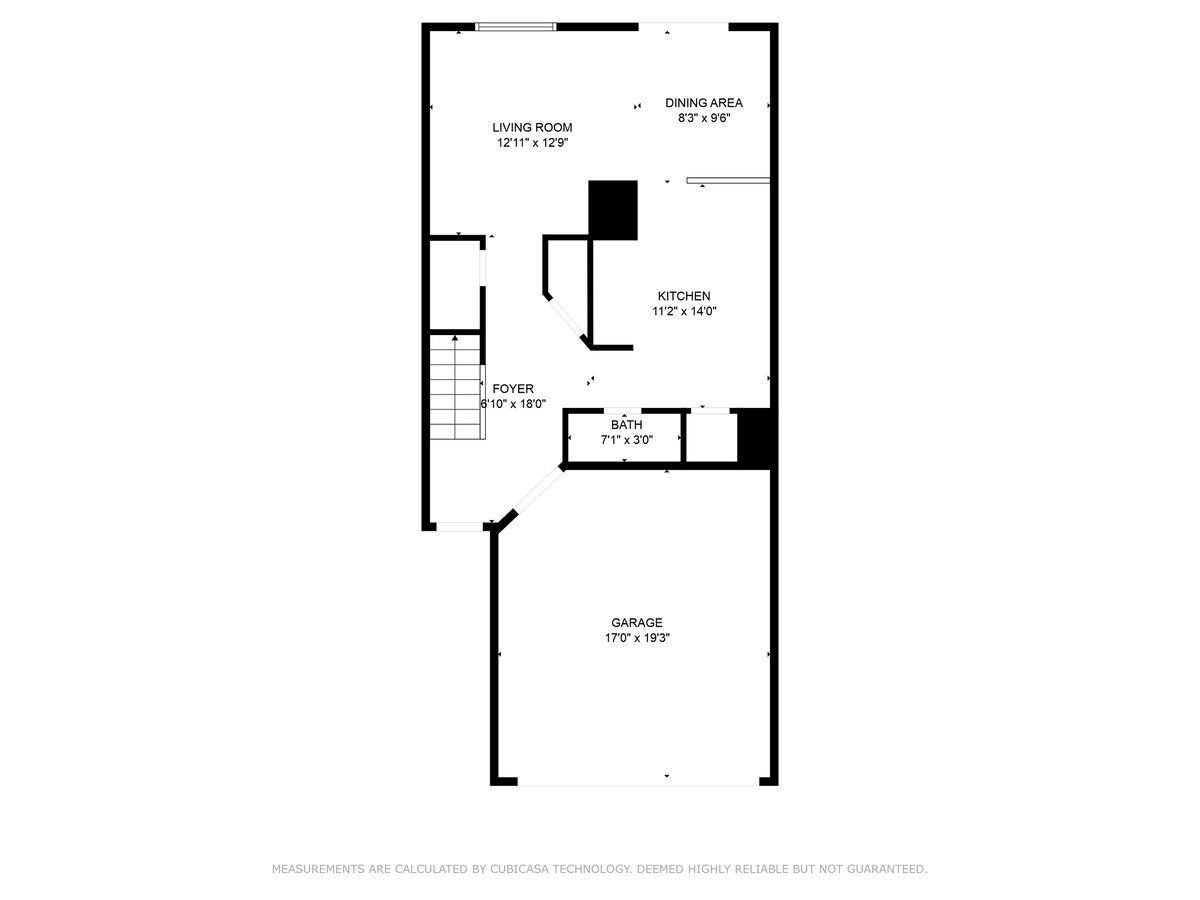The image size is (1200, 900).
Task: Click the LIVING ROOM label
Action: pyautogui.click(x=532, y=127)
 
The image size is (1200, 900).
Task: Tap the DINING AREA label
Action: pyautogui.click(x=704, y=103)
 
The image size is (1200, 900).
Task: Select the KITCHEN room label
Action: pyautogui.click(x=684, y=296)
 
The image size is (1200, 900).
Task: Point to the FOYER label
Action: pyautogui.click(x=513, y=389)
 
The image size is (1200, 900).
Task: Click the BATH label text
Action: pyautogui.click(x=627, y=425)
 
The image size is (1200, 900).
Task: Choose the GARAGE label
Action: pyautogui.click(x=637, y=622)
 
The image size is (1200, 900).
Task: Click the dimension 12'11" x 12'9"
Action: pyautogui.click(x=532, y=143)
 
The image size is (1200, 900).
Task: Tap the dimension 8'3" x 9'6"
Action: pyautogui.click(x=704, y=118)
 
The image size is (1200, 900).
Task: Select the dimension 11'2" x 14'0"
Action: pyautogui.click(x=684, y=311)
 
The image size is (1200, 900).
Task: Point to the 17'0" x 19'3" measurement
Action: pyautogui.click(x=637, y=638)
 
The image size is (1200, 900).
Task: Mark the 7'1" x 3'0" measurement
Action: pyautogui.click(x=627, y=440)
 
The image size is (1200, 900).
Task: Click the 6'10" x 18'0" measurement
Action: pyautogui.click(x=513, y=404)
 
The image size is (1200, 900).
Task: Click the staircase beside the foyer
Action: pyautogui.click(x=456, y=387)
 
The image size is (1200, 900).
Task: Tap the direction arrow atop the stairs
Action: pyautogui.click(x=455, y=338)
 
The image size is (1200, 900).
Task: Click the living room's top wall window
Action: pyautogui.click(x=516, y=26)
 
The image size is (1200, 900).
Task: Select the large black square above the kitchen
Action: pyautogui.click(x=613, y=210)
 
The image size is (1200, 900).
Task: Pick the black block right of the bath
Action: pyautogui.click(x=755, y=438)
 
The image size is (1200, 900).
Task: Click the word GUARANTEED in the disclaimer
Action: pyautogui.click(x=887, y=868)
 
